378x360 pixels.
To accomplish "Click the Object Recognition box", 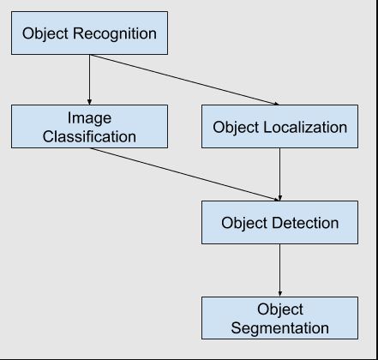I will click(89, 34).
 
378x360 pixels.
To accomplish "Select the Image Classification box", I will click(89, 126).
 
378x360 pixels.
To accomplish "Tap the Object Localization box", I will click(279, 127).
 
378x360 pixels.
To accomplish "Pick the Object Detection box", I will click(279, 224).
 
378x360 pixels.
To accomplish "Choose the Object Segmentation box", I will click(279, 318).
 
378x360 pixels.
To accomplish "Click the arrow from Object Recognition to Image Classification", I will click(89, 80).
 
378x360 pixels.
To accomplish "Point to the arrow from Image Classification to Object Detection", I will click(184, 175).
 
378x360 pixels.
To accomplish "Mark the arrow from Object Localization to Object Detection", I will click(280, 175).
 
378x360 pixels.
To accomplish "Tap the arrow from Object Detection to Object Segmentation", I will click(280, 271).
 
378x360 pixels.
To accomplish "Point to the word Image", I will click(90, 117).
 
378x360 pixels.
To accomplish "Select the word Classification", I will click(90, 135).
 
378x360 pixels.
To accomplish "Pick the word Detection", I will click(305, 224).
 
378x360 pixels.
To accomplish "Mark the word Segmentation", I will click(280, 327).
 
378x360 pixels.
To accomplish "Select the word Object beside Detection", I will click(244, 224).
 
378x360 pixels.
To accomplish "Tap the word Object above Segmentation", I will click(280, 309).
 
